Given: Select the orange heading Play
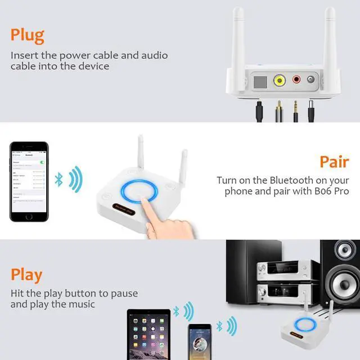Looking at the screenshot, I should tap(26, 274).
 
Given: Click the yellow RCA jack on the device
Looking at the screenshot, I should tap(279, 80).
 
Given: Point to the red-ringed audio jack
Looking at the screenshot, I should tap(296, 80).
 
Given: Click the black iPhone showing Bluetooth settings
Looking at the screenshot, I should tap(30, 179).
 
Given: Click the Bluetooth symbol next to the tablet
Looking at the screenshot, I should tap(176, 310).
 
